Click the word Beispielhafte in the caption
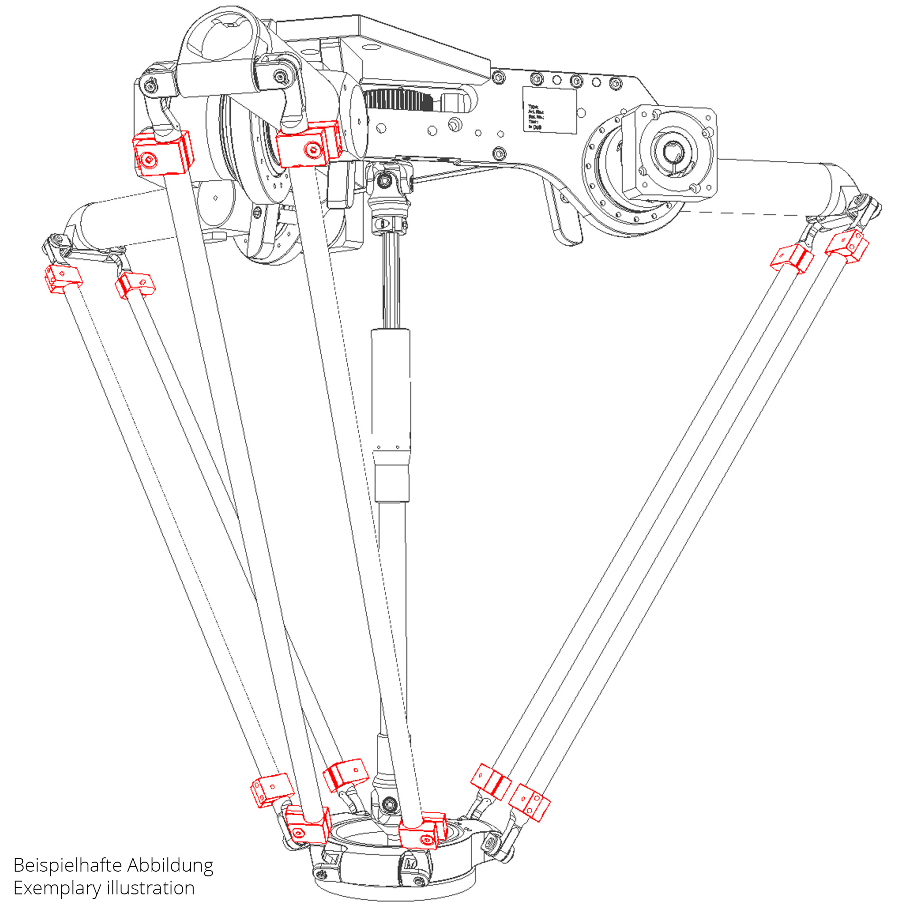(x=67, y=865)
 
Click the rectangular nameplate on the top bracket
(x=549, y=110)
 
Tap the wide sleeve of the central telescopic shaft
(x=390, y=389)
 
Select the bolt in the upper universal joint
(x=383, y=180)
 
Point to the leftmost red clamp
(x=63, y=278)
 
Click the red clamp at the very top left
(x=162, y=153)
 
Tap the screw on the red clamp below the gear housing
(x=313, y=150)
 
